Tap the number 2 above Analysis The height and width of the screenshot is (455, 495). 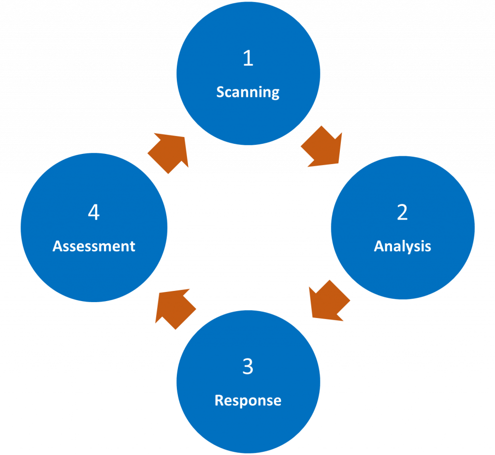[x=402, y=212]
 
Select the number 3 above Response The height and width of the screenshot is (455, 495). [x=247, y=367]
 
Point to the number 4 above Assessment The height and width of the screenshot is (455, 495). [x=94, y=212]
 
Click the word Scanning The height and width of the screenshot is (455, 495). [x=248, y=92]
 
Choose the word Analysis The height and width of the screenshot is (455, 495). [x=402, y=246]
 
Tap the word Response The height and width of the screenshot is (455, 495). [x=248, y=400]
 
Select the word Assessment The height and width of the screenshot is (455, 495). [x=94, y=246]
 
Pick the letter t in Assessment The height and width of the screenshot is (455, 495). [x=132, y=247]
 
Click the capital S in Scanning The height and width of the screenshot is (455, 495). [x=220, y=92]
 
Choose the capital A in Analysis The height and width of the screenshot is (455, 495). [x=379, y=246]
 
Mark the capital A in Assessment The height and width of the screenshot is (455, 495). [x=57, y=246]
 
